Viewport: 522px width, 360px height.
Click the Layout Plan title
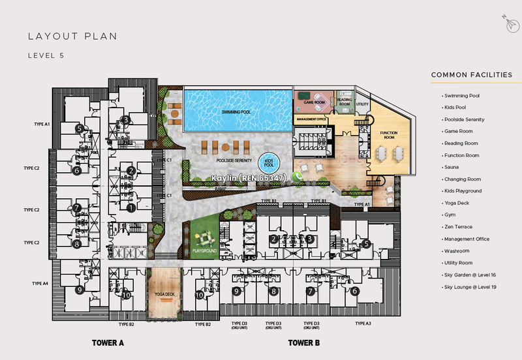tap(72, 37)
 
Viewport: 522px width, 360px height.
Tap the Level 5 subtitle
tap(46, 55)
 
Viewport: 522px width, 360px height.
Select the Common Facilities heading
tap(471, 75)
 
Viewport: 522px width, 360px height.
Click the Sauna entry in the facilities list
tap(450, 167)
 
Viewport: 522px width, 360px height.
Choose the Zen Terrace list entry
tap(457, 226)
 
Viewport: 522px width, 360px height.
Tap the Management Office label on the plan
tap(313, 120)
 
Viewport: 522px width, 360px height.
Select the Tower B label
tap(303, 342)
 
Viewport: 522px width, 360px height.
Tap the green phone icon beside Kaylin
tap(298, 176)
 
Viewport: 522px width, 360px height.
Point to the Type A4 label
tap(40, 284)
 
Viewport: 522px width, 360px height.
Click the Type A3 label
tap(363, 323)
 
